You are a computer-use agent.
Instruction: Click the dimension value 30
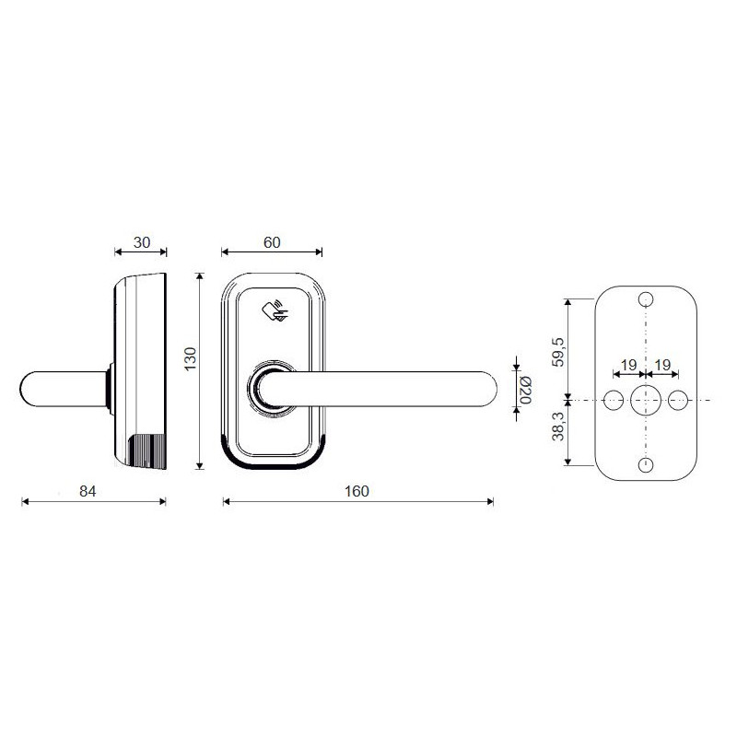pyautogui.click(x=141, y=242)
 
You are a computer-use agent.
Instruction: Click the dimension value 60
pyautogui.click(x=272, y=242)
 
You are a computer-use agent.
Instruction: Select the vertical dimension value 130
pyautogui.click(x=191, y=359)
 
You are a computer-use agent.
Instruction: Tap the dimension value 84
pyautogui.click(x=88, y=492)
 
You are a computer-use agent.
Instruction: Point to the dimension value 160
pyautogui.click(x=357, y=492)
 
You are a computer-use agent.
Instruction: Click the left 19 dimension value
pyautogui.click(x=628, y=366)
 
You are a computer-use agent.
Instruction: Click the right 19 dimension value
pyautogui.click(x=662, y=366)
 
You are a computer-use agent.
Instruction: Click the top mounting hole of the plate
pyautogui.click(x=646, y=299)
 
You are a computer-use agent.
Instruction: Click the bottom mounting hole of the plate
pyautogui.click(x=646, y=464)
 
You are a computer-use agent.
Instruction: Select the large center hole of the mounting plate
pyautogui.click(x=646, y=399)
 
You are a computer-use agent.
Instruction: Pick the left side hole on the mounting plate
pyautogui.click(x=612, y=399)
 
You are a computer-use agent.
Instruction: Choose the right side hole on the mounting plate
pyautogui.click(x=680, y=399)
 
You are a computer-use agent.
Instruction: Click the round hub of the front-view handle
pyautogui.click(x=271, y=387)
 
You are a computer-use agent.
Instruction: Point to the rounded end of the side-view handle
pyautogui.click(x=33, y=388)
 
